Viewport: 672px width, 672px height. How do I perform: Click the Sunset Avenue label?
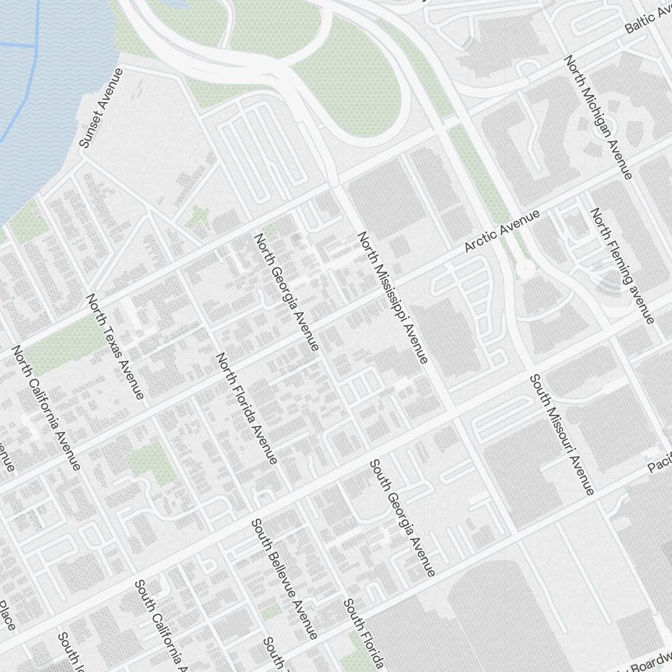(x=101, y=108)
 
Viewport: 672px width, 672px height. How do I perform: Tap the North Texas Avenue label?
(x=115, y=347)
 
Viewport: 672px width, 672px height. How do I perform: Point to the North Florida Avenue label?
(x=246, y=408)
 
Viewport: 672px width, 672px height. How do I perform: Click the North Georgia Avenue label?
(x=286, y=292)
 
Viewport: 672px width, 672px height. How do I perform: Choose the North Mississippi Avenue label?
(x=392, y=298)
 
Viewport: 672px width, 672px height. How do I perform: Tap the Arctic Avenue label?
(x=503, y=231)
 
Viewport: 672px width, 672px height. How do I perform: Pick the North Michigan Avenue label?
(x=598, y=118)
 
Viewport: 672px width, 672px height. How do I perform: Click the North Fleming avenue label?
(x=622, y=265)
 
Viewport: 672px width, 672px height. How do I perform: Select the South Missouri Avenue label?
(x=562, y=435)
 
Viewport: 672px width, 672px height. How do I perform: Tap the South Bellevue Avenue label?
(x=284, y=579)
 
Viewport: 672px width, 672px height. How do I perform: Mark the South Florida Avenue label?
(x=364, y=635)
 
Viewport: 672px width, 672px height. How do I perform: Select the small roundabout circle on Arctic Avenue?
(x=525, y=269)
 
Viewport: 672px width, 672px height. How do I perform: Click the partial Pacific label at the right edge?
(x=659, y=463)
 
